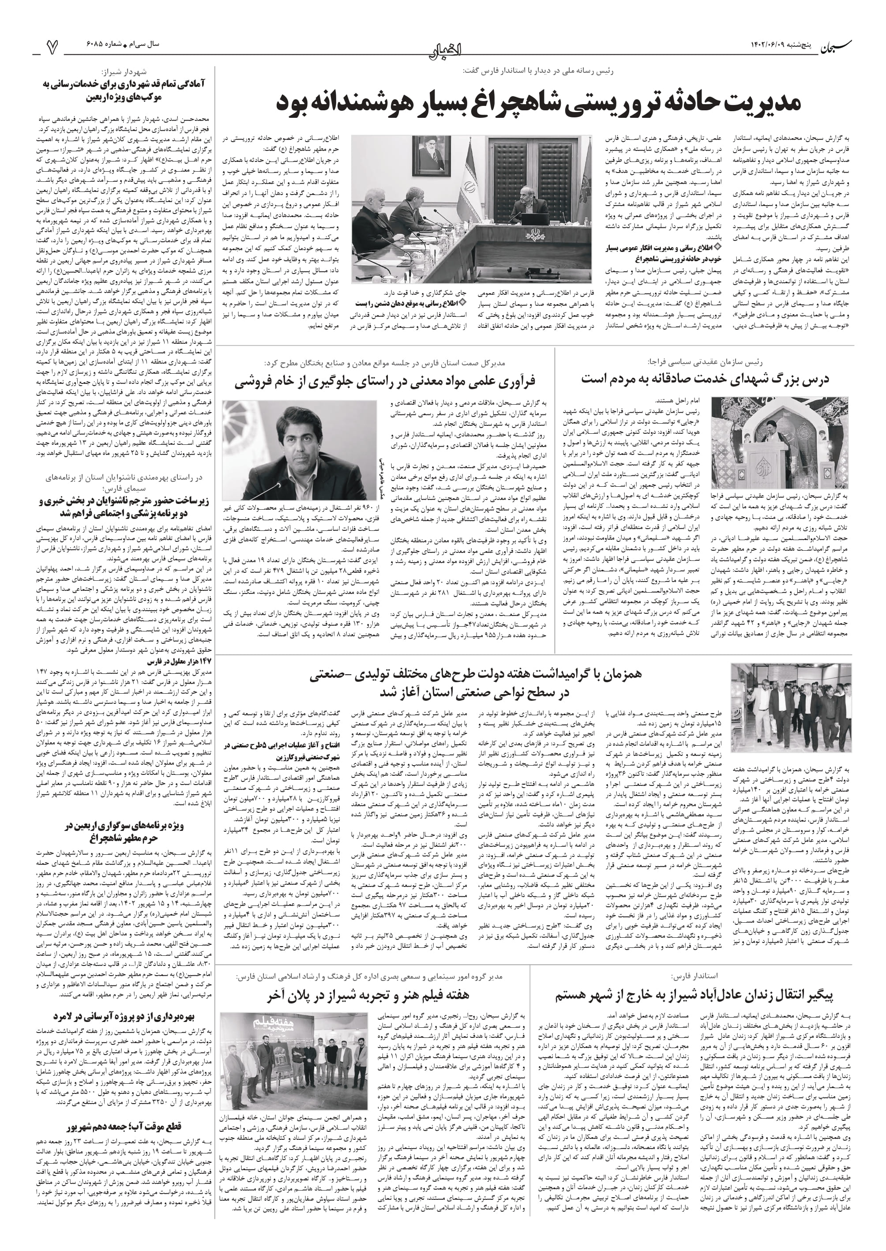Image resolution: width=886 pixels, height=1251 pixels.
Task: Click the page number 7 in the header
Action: (53, 48)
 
